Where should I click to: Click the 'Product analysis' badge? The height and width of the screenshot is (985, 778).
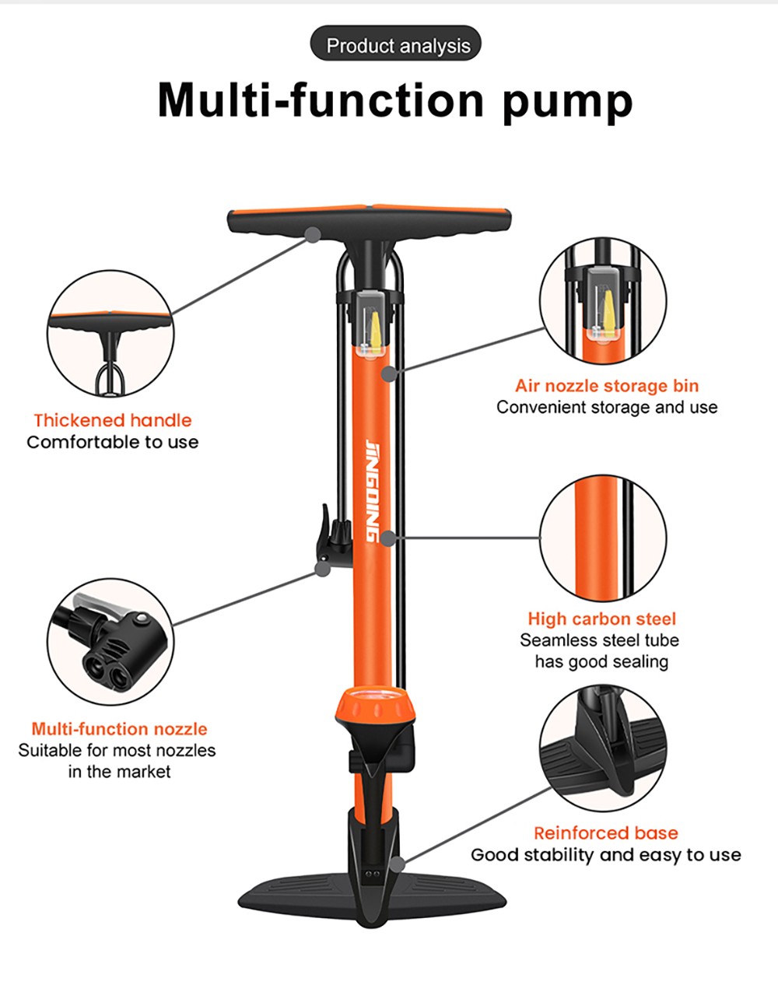(x=397, y=45)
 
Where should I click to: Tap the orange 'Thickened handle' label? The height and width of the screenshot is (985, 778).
(x=112, y=420)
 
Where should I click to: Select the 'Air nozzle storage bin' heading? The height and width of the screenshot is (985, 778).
(x=606, y=386)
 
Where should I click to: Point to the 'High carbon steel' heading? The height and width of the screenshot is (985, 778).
(x=601, y=619)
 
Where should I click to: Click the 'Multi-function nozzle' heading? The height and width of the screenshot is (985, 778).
(x=119, y=729)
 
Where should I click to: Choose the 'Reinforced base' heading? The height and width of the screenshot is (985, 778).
(x=605, y=833)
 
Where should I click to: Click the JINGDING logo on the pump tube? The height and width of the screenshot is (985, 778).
(x=373, y=490)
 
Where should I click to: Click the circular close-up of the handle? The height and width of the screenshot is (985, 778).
(x=110, y=333)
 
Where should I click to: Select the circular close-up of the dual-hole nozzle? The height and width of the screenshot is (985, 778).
(x=110, y=642)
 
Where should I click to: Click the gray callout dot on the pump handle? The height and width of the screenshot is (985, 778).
(x=313, y=233)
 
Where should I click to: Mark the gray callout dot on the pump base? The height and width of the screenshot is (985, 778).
(x=398, y=864)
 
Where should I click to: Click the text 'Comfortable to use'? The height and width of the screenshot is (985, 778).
(x=112, y=442)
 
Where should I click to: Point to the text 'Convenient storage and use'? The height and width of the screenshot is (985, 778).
(x=606, y=407)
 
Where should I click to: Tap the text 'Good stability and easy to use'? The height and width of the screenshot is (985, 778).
(x=605, y=854)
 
